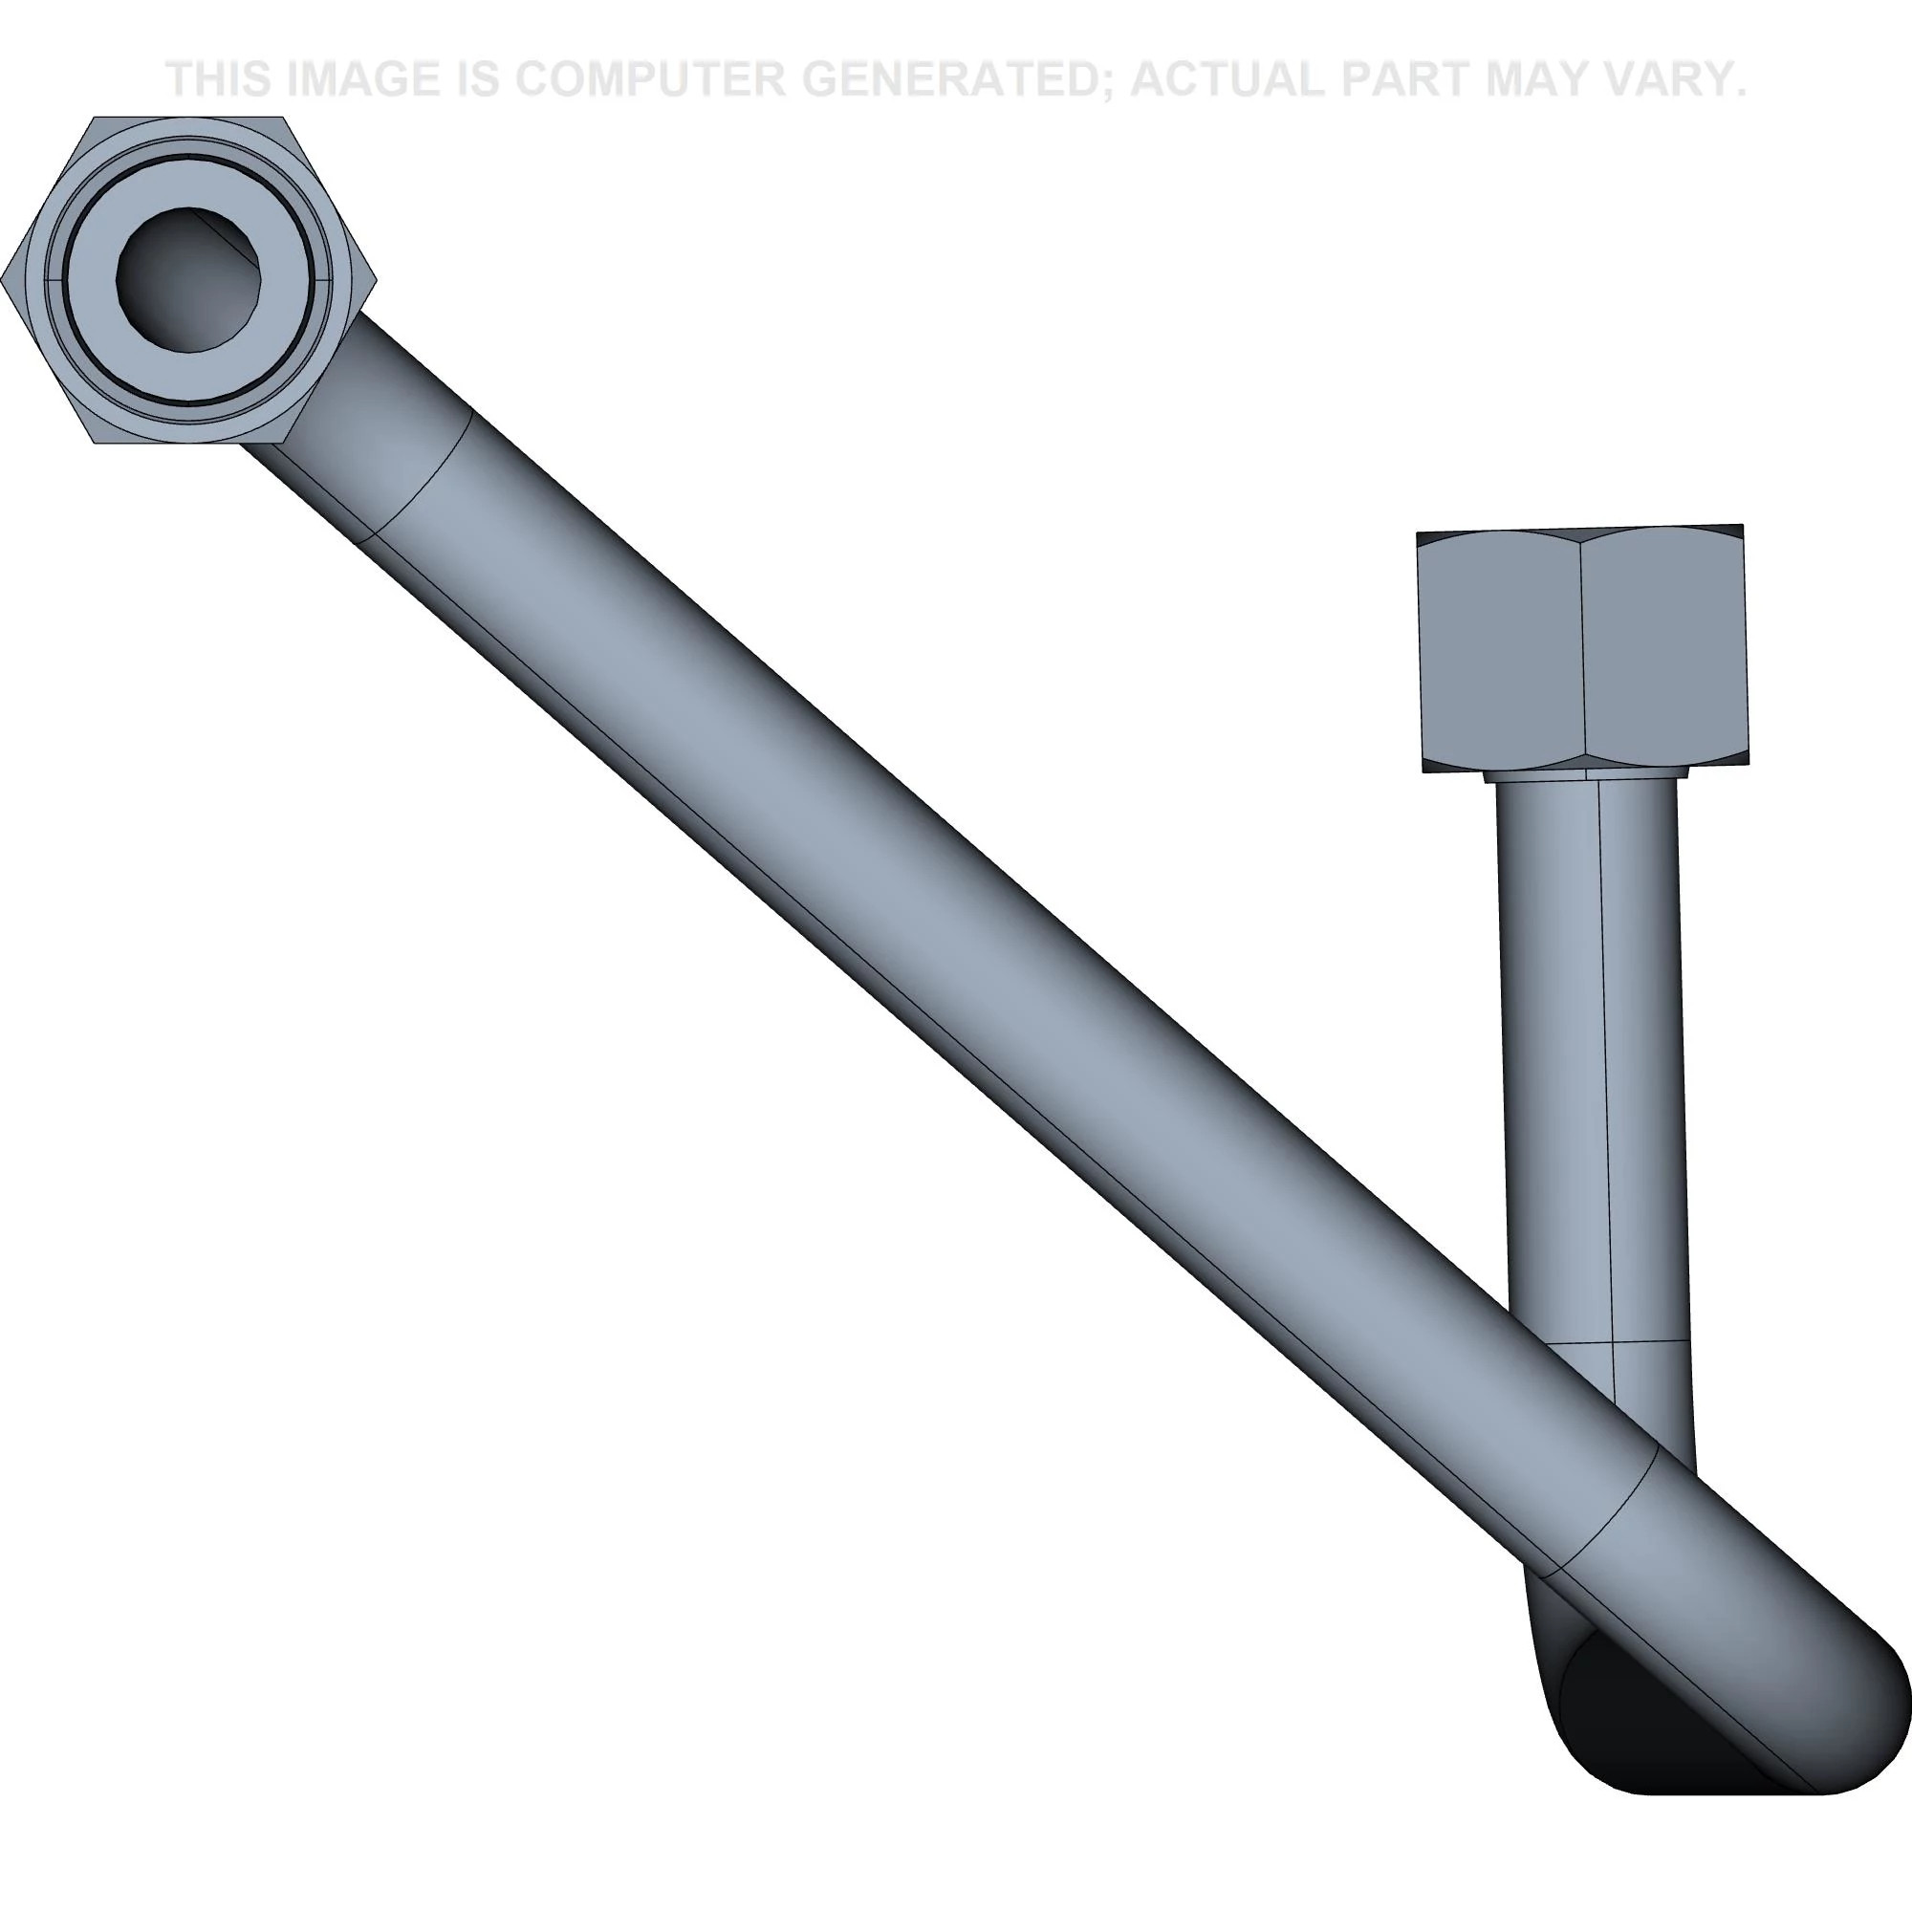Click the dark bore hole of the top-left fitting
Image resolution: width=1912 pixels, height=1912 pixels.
pyautogui.click(x=188, y=280)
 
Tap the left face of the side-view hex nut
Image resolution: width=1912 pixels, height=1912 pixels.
pyautogui.click(x=1500, y=653)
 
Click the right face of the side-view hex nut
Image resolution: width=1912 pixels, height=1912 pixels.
pyautogui.click(x=1662, y=653)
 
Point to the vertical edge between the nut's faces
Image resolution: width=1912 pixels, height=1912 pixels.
pyautogui.click(x=1581, y=653)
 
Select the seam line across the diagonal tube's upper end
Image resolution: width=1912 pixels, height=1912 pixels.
pyautogui.click(x=421, y=477)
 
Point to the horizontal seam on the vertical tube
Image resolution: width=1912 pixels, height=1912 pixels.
pyautogui.click(x=1613, y=1343)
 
